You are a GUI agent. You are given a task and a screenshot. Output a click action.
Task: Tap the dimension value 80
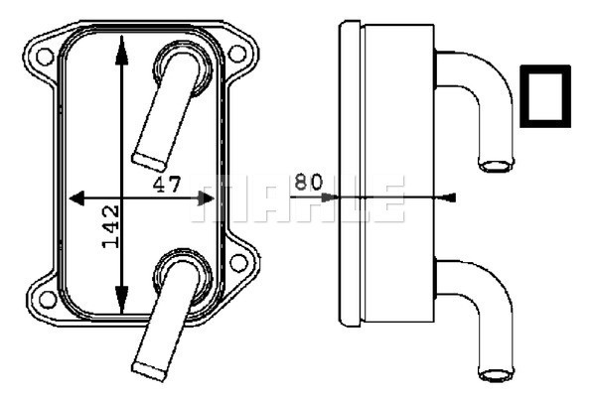309,182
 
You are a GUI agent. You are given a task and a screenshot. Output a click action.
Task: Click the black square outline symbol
544,96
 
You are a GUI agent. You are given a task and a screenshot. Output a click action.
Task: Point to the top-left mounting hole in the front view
45,56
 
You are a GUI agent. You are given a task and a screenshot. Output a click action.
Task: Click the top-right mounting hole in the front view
238,56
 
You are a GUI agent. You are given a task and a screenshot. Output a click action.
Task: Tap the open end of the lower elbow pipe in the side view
494,373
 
